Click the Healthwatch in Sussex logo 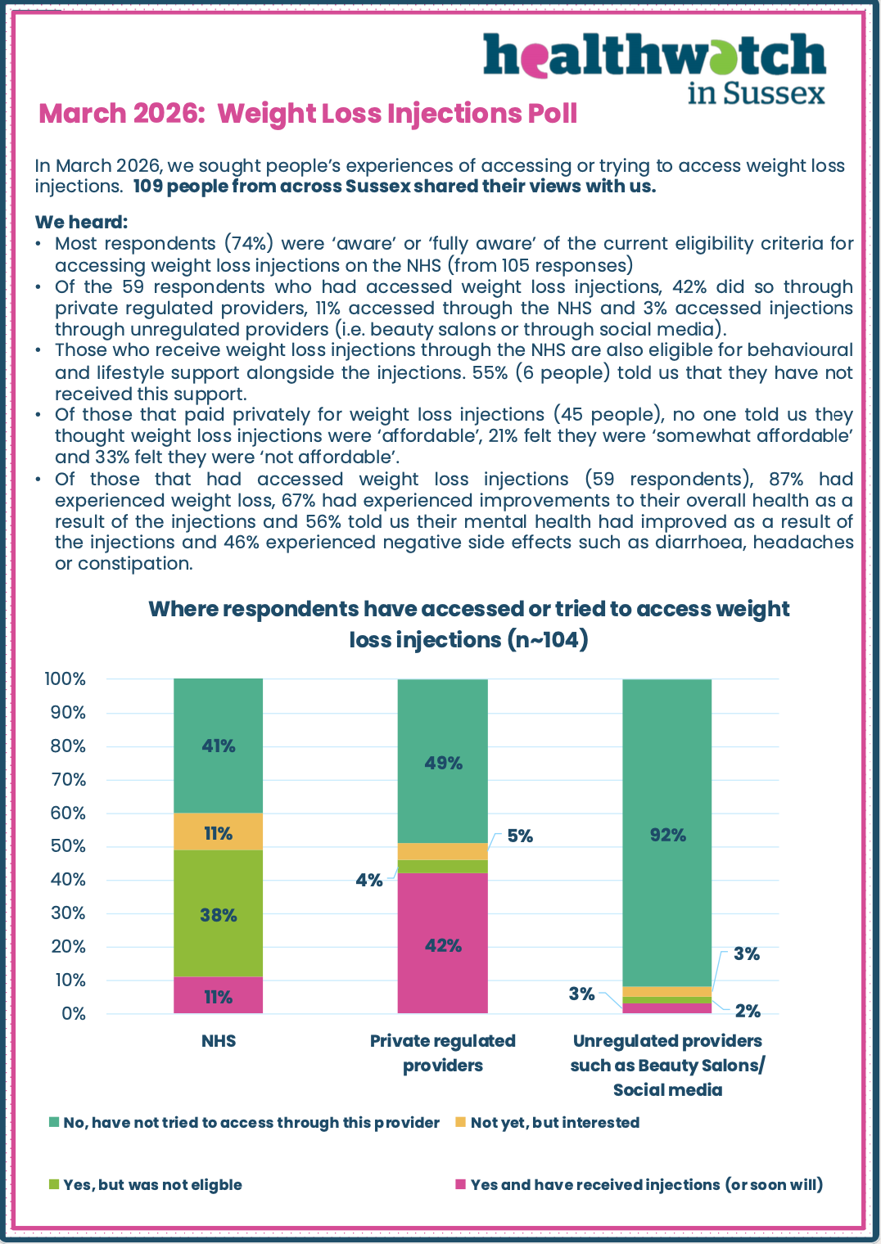tap(655, 67)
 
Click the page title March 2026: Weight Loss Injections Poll tap(308, 113)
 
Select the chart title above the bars tap(468, 624)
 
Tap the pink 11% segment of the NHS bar tap(219, 996)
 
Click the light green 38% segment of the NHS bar tap(219, 914)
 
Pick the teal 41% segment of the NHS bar tap(219, 746)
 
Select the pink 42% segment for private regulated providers tap(443, 944)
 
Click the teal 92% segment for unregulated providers tap(667, 834)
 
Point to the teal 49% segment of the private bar tap(443, 762)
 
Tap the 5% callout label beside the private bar tap(520, 836)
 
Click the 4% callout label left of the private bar tap(368, 880)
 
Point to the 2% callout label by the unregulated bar tap(748, 1011)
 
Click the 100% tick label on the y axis tap(65, 678)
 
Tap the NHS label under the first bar tap(219, 1041)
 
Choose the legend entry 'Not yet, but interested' tap(554, 1122)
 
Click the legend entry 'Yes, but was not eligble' tap(152, 1184)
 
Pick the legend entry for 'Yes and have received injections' tap(646, 1184)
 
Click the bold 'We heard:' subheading tap(81, 222)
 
